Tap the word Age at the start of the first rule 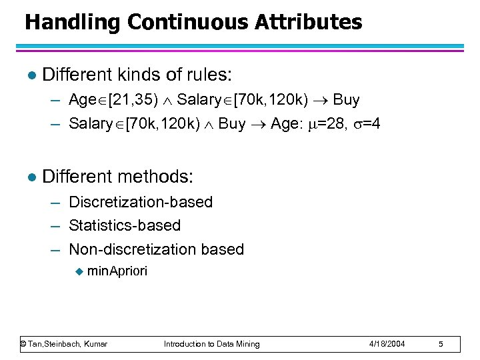pyautogui.click(x=83, y=100)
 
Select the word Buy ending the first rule pyautogui.click(x=346, y=100)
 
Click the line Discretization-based pyautogui.click(x=140, y=202)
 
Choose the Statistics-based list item pyautogui.click(x=124, y=225)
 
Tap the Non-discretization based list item pyautogui.click(x=156, y=249)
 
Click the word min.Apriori pyautogui.click(x=117, y=271)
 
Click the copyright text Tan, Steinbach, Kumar pyautogui.click(x=64, y=343)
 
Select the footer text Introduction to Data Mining pyautogui.click(x=212, y=343)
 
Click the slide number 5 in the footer pyautogui.click(x=441, y=343)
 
